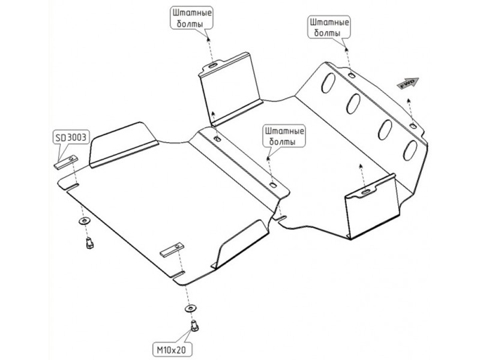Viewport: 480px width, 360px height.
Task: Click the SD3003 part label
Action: tap(71, 137)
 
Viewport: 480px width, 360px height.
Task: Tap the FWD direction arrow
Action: tap(408, 84)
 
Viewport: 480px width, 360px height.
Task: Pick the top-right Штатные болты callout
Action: tap(329, 27)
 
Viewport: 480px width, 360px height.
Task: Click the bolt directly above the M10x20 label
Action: tap(194, 325)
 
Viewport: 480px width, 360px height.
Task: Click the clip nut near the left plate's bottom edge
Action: tap(170, 251)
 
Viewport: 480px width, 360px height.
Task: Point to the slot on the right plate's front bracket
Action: tap(365, 191)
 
